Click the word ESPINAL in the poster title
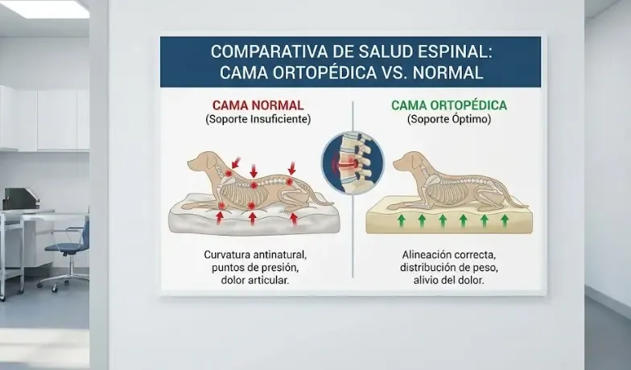tap(450, 52)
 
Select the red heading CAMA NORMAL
tap(258, 105)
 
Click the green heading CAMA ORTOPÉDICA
tap(449, 105)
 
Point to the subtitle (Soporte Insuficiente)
tap(258, 119)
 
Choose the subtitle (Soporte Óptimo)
tap(449, 119)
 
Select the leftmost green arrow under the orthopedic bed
tap(401, 220)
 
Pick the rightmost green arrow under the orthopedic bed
tap(505, 220)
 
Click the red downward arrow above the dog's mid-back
tap(254, 171)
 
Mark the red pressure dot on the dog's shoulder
tap(229, 173)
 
